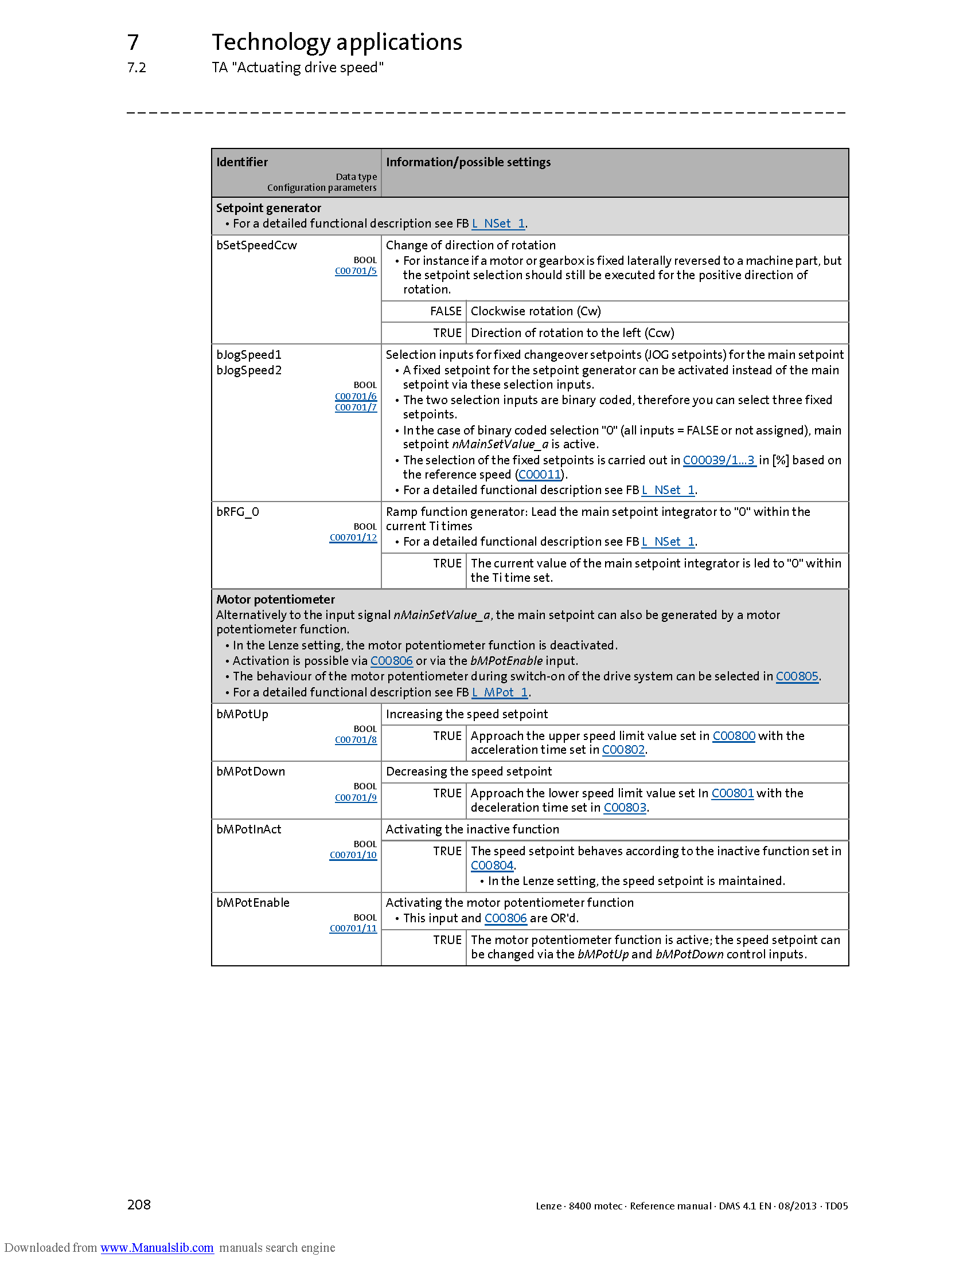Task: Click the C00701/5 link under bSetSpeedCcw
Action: coord(356,271)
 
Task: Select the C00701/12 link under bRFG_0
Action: coord(353,538)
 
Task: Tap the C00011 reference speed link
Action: coord(540,475)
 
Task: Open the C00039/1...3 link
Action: coord(719,460)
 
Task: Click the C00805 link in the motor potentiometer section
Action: coord(797,676)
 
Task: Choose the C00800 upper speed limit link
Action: coord(734,735)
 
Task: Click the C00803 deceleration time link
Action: coord(625,808)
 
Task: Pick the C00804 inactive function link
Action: coord(492,866)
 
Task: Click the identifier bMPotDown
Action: coord(251,772)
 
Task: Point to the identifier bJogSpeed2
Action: coord(249,370)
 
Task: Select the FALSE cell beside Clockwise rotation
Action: coord(445,311)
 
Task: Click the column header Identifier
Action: coord(242,162)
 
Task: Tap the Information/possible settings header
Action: coord(468,162)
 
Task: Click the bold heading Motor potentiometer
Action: coord(275,600)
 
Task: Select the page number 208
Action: coord(139,1204)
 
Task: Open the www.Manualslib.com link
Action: coord(157,1247)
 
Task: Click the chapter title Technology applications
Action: coord(337,42)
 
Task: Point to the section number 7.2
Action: coord(136,68)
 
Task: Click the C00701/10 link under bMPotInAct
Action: coord(353,855)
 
